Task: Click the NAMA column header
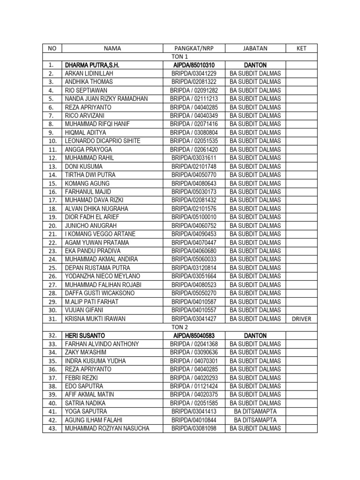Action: pyautogui.click(x=112, y=48)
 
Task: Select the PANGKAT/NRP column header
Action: pyautogui.click(x=194, y=48)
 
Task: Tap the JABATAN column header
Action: pyautogui.click(x=255, y=48)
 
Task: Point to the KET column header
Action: pyautogui.click(x=301, y=48)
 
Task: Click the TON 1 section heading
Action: pyautogui.click(x=180, y=56)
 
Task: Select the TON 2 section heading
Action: pyautogui.click(x=180, y=327)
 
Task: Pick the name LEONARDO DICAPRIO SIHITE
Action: pyautogui.click(x=103, y=141)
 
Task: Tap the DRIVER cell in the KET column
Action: pyautogui.click(x=301, y=319)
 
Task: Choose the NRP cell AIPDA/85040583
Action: pyautogui.click(x=194, y=336)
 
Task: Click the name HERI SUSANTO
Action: pyautogui.click(x=85, y=336)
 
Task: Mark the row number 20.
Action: pyautogui.click(x=52, y=225)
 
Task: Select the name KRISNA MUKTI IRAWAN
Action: pyautogui.click(x=95, y=319)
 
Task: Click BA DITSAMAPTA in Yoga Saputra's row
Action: pyautogui.click(x=255, y=412)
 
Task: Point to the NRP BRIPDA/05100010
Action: pyautogui.click(x=194, y=217)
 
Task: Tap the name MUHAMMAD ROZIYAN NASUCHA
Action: pyautogui.click(x=107, y=428)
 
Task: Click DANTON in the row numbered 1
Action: pyautogui.click(x=255, y=65)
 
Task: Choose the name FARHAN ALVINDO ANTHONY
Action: pyautogui.click(x=102, y=344)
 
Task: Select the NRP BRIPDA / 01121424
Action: pyautogui.click(x=194, y=386)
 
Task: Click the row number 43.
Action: pyautogui.click(x=52, y=428)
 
